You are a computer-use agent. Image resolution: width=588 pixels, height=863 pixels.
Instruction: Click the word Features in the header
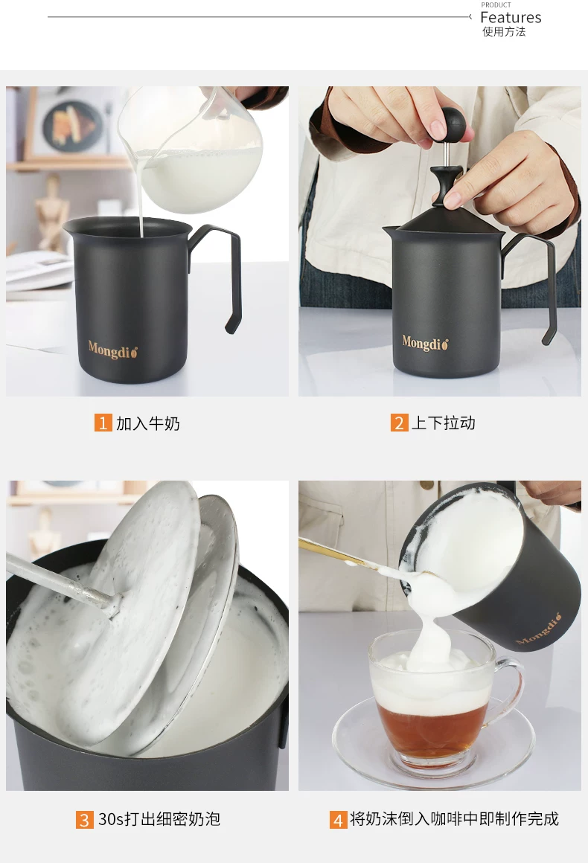[511, 18]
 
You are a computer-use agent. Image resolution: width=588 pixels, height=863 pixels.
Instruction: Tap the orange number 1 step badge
[103, 423]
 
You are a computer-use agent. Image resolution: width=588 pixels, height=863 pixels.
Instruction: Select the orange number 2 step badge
[399, 423]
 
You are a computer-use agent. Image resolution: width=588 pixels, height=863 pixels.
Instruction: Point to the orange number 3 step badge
[84, 820]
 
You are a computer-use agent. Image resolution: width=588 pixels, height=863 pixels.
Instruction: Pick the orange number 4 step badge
[338, 820]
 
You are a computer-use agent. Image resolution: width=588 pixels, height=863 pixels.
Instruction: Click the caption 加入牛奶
[147, 423]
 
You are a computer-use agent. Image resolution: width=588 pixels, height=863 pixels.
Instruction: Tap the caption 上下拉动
[443, 423]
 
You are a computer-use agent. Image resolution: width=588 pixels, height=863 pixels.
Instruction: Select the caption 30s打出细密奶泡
[159, 819]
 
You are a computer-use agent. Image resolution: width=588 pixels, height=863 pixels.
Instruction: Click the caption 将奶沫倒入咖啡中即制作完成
[454, 819]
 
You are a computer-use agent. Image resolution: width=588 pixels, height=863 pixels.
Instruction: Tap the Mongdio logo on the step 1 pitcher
[113, 350]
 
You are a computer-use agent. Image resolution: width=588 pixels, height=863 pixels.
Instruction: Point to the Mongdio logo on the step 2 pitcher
[425, 344]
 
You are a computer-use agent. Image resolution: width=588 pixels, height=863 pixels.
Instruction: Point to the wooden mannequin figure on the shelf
[51, 213]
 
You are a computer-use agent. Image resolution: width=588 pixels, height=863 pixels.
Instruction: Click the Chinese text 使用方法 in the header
[504, 32]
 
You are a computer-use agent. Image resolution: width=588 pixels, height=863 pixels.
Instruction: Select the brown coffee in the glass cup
[431, 727]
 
